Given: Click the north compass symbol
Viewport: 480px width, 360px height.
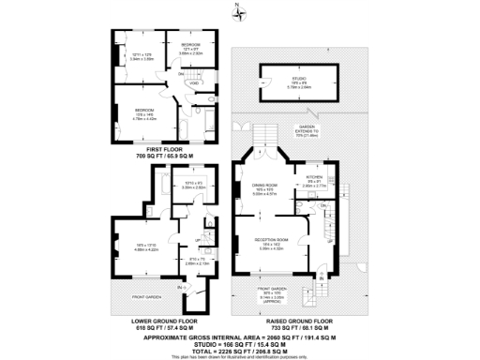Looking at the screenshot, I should pyautogui.click(x=240, y=11).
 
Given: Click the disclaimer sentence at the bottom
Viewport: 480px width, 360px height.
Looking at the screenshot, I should pyautogui.click(x=240, y=353).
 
